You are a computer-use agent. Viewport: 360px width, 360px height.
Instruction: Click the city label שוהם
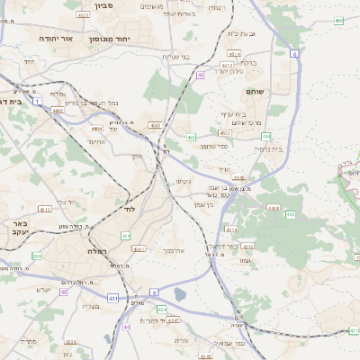click(x=254, y=92)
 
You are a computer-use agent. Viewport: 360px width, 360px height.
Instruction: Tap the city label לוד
click(x=130, y=209)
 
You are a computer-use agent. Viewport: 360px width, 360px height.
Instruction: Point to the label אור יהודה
click(x=55, y=40)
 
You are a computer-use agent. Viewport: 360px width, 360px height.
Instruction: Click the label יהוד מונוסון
click(x=111, y=40)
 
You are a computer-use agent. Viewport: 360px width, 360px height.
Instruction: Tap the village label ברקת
click(x=248, y=63)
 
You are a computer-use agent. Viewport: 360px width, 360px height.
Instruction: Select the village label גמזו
click(x=245, y=259)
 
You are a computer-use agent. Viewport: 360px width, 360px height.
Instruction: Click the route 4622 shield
click(x=84, y=15)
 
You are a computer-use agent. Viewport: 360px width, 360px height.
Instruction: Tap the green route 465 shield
click(x=338, y=20)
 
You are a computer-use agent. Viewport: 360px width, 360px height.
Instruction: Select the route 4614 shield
click(x=234, y=54)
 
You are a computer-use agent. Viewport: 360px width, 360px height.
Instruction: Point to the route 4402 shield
click(x=58, y=110)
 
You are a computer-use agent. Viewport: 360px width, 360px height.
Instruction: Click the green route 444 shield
click(x=266, y=136)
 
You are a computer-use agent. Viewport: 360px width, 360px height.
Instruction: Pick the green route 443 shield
click(x=291, y=214)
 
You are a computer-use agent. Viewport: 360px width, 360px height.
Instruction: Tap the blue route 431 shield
click(x=112, y=297)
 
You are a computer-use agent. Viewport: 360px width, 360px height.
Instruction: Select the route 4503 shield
click(x=155, y=126)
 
